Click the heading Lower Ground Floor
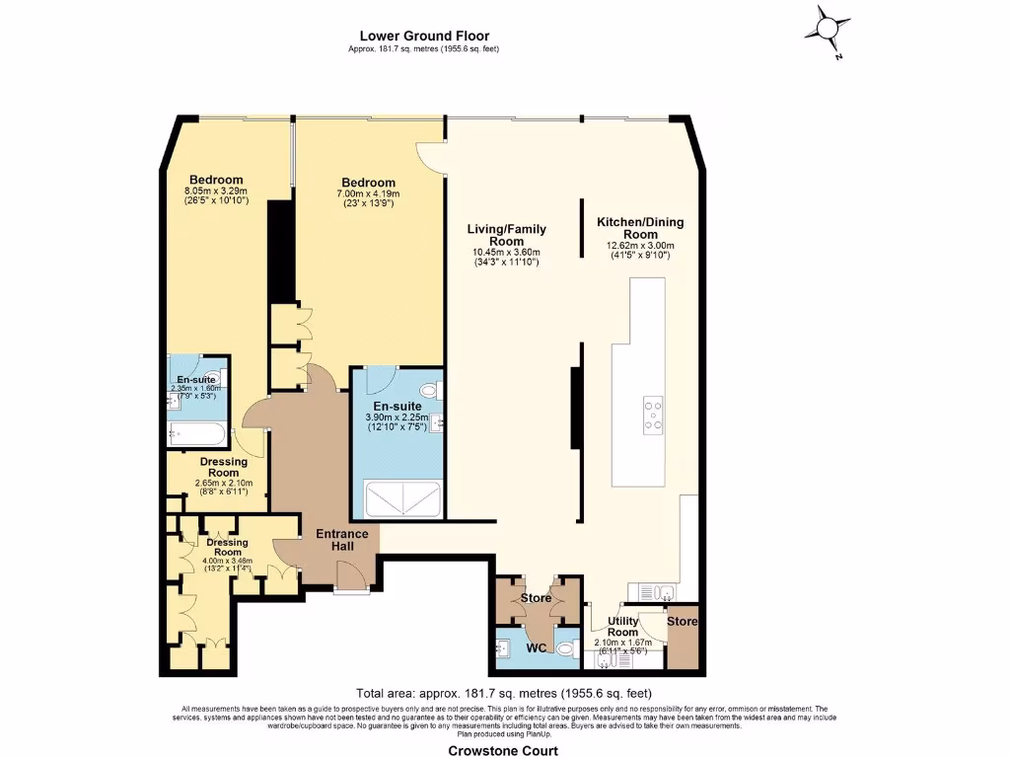tap(424, 37)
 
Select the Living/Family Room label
tap(506, 235)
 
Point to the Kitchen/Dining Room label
tap(640, 228)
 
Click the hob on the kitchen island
tap(652, 415)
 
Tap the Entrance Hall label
tap(341, 540)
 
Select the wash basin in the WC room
tap(504, 648)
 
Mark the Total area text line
tap(503, 693)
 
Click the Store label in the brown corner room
tap(682, 622)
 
